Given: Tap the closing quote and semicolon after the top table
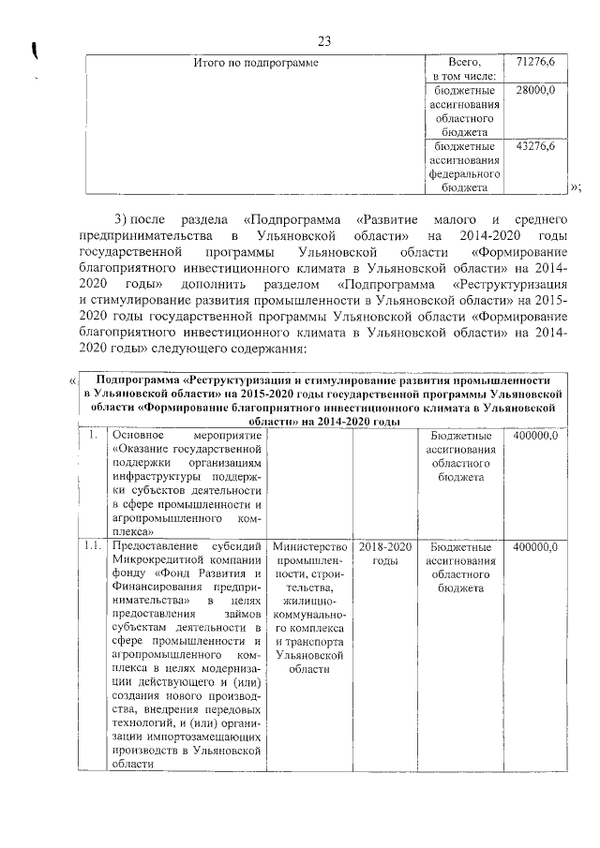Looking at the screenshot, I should point(576,188).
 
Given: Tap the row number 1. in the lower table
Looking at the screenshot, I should point(93,436).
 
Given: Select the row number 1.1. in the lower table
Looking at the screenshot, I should point(91,546).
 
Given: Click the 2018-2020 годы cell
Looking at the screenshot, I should point(384,553).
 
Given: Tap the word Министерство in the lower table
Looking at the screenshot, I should point(308,546).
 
